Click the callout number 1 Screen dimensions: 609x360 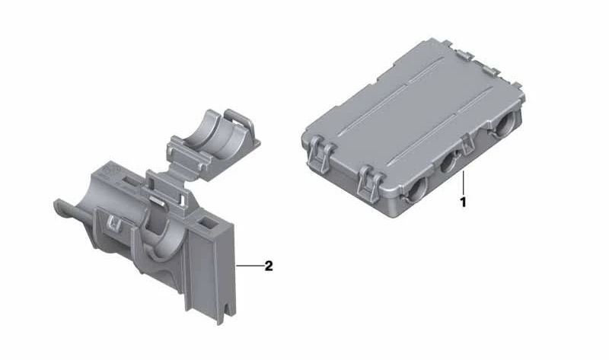click(x=463, y=202)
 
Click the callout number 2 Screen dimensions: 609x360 click(x=269, y=266)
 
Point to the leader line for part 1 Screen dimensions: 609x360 click(x=463, y=183)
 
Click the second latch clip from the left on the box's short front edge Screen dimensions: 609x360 click(x=370, y=183)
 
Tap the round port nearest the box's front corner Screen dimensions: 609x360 click(x=417, y=186)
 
